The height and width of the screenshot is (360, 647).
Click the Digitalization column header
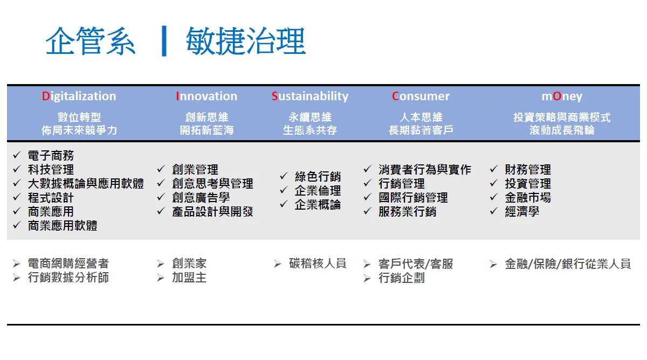79,96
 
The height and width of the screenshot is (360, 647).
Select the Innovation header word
207,96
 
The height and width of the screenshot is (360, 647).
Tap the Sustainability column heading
310,96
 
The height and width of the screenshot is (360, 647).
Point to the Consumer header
421,96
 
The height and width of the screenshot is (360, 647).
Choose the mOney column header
562,96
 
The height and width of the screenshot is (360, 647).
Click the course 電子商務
51,156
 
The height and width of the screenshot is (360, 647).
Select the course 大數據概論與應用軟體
86,184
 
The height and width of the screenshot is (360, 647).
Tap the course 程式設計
51,198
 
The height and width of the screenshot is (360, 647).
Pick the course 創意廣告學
201,198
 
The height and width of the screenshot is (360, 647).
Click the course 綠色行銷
318,176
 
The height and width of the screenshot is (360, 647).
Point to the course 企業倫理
318,191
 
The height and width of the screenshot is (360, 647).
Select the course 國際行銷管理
413,198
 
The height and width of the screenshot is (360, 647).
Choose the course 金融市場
528,198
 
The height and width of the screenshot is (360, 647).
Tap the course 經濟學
522,212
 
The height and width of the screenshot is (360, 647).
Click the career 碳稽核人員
318,264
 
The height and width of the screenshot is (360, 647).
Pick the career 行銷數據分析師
68,278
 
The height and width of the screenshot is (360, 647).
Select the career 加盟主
189,278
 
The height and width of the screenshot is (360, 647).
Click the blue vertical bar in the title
164,41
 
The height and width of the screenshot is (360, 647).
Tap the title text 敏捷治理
246,41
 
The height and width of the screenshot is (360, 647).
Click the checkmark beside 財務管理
494,169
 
